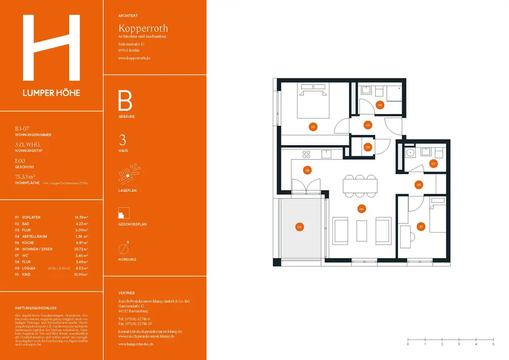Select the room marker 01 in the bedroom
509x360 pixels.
(313, 126)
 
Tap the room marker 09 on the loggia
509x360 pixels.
(300, 228)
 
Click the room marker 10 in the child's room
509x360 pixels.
(420, 227)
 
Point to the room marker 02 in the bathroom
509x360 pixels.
(380, 105)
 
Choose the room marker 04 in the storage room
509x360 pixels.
(368, 147)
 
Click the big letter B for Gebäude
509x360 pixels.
(125, 101)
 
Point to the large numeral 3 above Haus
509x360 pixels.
(122, 140)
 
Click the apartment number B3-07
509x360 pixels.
(24, 129)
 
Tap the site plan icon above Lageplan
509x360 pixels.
(127, 176)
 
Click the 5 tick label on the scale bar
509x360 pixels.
(493, 345)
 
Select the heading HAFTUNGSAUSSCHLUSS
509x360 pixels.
(36, 308)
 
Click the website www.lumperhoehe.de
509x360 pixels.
(136, 344)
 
